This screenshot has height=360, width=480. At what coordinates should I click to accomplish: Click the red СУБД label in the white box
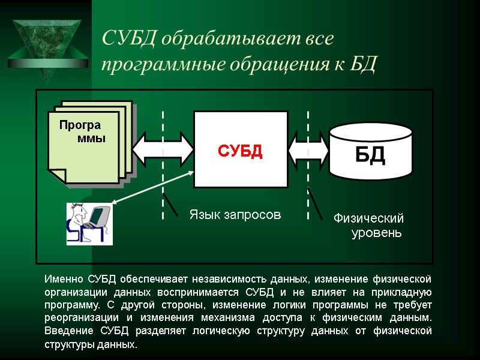point(240,151)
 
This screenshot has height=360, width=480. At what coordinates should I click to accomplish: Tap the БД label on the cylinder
point(370,155)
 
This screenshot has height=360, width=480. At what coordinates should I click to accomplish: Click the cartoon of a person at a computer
point(89,223)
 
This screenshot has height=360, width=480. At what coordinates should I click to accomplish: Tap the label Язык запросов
point(235,214)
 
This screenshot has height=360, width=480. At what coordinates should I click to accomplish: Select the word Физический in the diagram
point(368,218)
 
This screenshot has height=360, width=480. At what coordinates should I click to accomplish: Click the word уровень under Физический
point(376,232)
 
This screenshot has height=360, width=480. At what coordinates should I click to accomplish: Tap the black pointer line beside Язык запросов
point(170,204)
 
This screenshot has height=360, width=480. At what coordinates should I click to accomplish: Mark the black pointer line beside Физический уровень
point(316,204)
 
